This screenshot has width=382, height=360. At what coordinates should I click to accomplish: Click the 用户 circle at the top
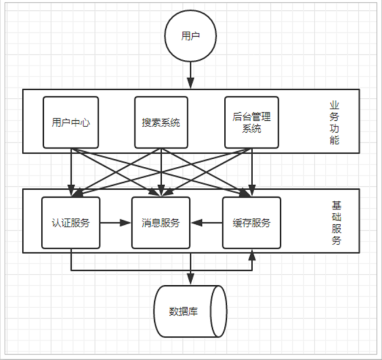pyautogui.click(x=190, y=36)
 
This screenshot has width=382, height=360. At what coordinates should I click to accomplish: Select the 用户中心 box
pyautogui.click(x=71, y=122)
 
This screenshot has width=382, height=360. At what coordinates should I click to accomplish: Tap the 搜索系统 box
pyautogui.click(x=161, y=122)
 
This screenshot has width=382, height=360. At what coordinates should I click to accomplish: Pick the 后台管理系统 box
pyautogui.click(x=251, y=122)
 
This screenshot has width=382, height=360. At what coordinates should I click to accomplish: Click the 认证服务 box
pyautogui.click(x=71, y=223)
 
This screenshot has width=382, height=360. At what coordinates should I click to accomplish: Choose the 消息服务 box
pyautogui.click(x=161, y=223)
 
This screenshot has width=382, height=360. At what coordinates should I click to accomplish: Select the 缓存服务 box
pyautogui.click(x=251, y=223)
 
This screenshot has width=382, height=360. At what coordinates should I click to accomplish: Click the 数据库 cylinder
pyautogui.click(x=190, y=312)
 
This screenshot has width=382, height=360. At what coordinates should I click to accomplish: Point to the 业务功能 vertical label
pyautogui.click(x=334, y=122)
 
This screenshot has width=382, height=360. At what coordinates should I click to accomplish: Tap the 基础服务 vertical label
pyautogui.click(x=337, y=223)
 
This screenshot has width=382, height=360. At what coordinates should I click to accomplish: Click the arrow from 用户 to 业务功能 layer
pyautogui.click(x=190, y=75)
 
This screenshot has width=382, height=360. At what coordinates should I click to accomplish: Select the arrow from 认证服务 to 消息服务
pyautogui.click(x=116, y=223)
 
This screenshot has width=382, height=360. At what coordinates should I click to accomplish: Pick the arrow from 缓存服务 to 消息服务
pyautogui.click(x=207, y=223)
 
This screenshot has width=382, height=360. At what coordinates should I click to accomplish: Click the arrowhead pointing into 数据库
pyautogui.click(x=190, y=279)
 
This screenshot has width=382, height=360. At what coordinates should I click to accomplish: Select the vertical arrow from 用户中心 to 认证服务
pyautogui.click(x=71, y=172)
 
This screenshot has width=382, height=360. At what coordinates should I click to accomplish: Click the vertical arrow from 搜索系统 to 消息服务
pyautogui.click(x=161, y=172)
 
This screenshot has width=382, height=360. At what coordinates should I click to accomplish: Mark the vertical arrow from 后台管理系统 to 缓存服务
pyautogui.click(x=252, y=172)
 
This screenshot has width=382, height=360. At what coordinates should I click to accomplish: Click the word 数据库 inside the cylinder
pyautogui.click(x=184, y=312)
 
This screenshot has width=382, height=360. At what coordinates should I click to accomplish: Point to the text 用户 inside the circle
pyautogui.click(x=190, y=36)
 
